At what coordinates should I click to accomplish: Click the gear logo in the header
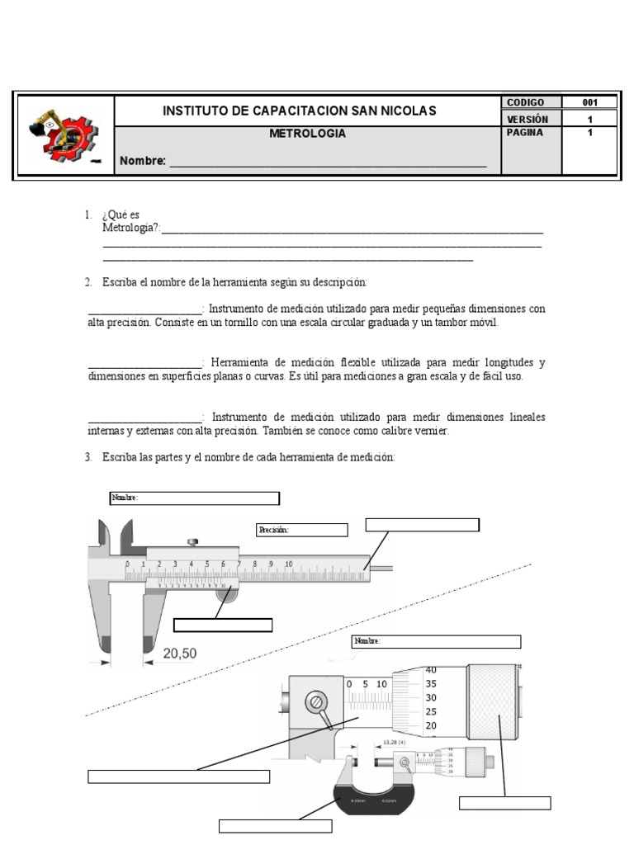pyautogui.click(x=64, y=135)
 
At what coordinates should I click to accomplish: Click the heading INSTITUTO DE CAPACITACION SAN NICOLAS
pyautogui.click(x=300, y=111)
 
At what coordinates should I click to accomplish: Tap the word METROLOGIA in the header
pyautogui.click(x=308, y=133)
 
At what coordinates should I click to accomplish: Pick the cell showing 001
pyautogui.click(x=589, y=102)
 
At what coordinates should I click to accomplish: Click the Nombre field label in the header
pyautogui.click(x=143, y=160)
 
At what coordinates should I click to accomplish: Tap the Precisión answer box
pyautogui.click(x=301, y=530)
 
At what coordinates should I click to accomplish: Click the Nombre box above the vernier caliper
pyautogui.click(x=195, y=498)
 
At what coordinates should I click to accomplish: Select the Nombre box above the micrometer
pyautogui.click(x=437, y=641)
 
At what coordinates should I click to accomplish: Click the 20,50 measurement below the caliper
pyautogui.click(x=179, y=653)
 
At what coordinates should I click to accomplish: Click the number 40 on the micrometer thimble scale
pyautogui.click(x=430, y=669)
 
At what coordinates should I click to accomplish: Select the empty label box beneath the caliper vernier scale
pyautogui.click(x=224, y=625)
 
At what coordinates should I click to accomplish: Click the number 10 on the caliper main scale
pyautogui.click(x=289, y=564)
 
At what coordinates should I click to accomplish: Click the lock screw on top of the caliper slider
pyautogui.click(x=193, y=542)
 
